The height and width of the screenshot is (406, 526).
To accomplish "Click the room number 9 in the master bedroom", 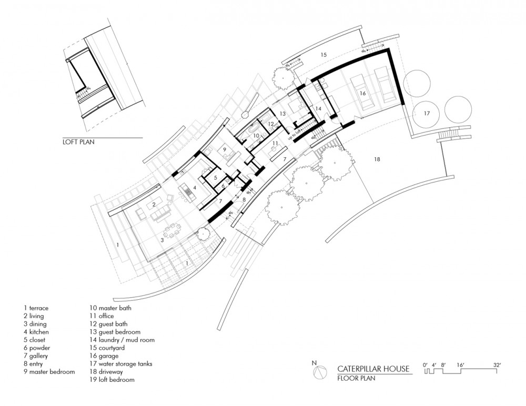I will coord(224,150).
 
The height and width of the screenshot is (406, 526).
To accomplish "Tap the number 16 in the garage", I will coord(362,93).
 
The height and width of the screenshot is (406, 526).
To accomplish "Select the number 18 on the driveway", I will coord(377,159).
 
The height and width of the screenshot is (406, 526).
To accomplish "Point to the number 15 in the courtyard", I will coord(323,55).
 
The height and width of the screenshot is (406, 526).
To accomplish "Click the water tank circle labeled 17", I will coord(427,113).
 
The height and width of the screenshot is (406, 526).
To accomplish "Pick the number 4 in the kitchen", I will coord(195,187).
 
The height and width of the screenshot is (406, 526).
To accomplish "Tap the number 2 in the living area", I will coord(154,204).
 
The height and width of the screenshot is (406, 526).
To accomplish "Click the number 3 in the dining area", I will coord(163,239).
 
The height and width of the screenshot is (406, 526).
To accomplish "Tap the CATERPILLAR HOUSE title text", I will coord(373,369).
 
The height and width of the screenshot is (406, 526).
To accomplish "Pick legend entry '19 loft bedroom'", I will coord(113,379).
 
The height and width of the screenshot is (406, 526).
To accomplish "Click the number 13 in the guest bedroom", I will coord(282,113).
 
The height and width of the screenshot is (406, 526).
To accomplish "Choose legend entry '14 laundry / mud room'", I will coord(122,340).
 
